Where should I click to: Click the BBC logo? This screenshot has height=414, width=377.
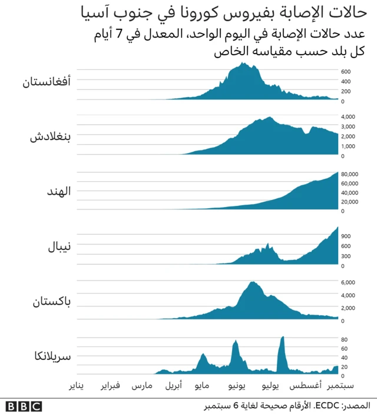[24, 406]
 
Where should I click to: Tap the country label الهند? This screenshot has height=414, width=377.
[58, 192]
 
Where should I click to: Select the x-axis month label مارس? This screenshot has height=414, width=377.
[142, 386]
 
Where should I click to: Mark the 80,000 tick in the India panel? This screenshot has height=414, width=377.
[350, 174]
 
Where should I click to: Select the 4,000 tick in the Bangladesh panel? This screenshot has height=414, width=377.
[348, 117]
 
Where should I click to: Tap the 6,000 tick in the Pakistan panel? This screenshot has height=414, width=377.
[348, 282]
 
